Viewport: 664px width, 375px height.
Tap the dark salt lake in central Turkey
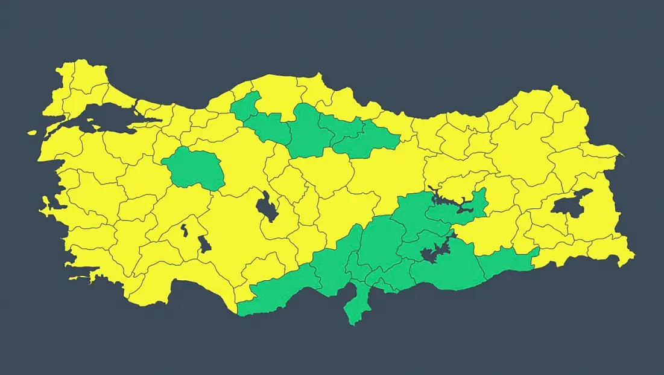[265, 207]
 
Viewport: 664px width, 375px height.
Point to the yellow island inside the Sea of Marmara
[90, 127]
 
